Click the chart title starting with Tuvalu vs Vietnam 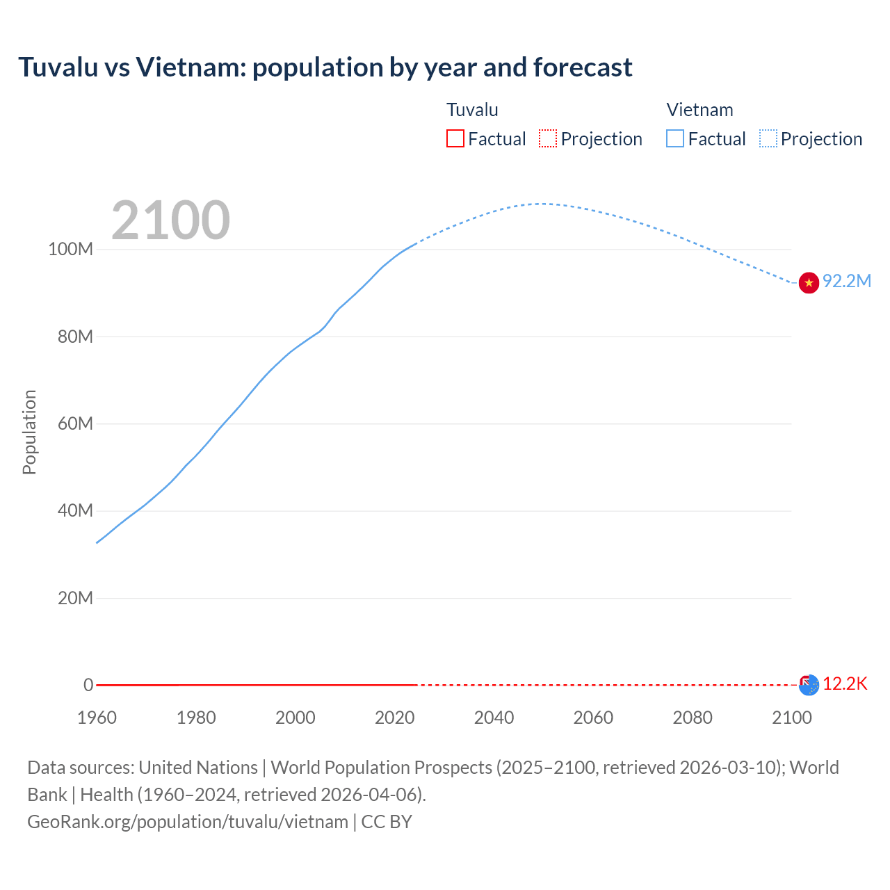pyautogui.click(x=325, y=67)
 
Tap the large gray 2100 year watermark pyautogui.click(x=170, y=220)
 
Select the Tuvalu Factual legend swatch pyautogui.click(x=455, y=138)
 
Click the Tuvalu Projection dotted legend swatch pyautogui.click(x=548, y=138)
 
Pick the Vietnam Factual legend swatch pyautogui.click(x=675, y=138)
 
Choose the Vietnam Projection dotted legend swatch pyautogui.click(x=768, y=138)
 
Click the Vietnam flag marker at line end pyautogui.click(x=809, y=283)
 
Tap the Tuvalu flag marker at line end pyautogui.click(x=809, y=685)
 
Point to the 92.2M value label pyautogui.click(x=846, y=281)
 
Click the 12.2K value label pyautogui.click(x=845, y=683)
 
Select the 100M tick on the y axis pyautogui.click(x=70, y=249)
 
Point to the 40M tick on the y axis pyautogui.click(x=74, y=510)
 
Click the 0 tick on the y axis pyautogui.click(x=88, y=685)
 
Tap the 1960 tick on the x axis pyautogui.click(x=97, y=718)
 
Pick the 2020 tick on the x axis pyautogui.click(x=394, y=718)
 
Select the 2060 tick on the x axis pyautogui.click(x=593, y=718)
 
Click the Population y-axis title pyautogui.click(x=29, y=432)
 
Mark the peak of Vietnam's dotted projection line pyautogui.click(x=541, y=204)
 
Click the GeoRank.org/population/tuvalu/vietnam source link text pyautogui.click(x=188, y=822)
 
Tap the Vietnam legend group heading pyautogui.click(x=699, y=110)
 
